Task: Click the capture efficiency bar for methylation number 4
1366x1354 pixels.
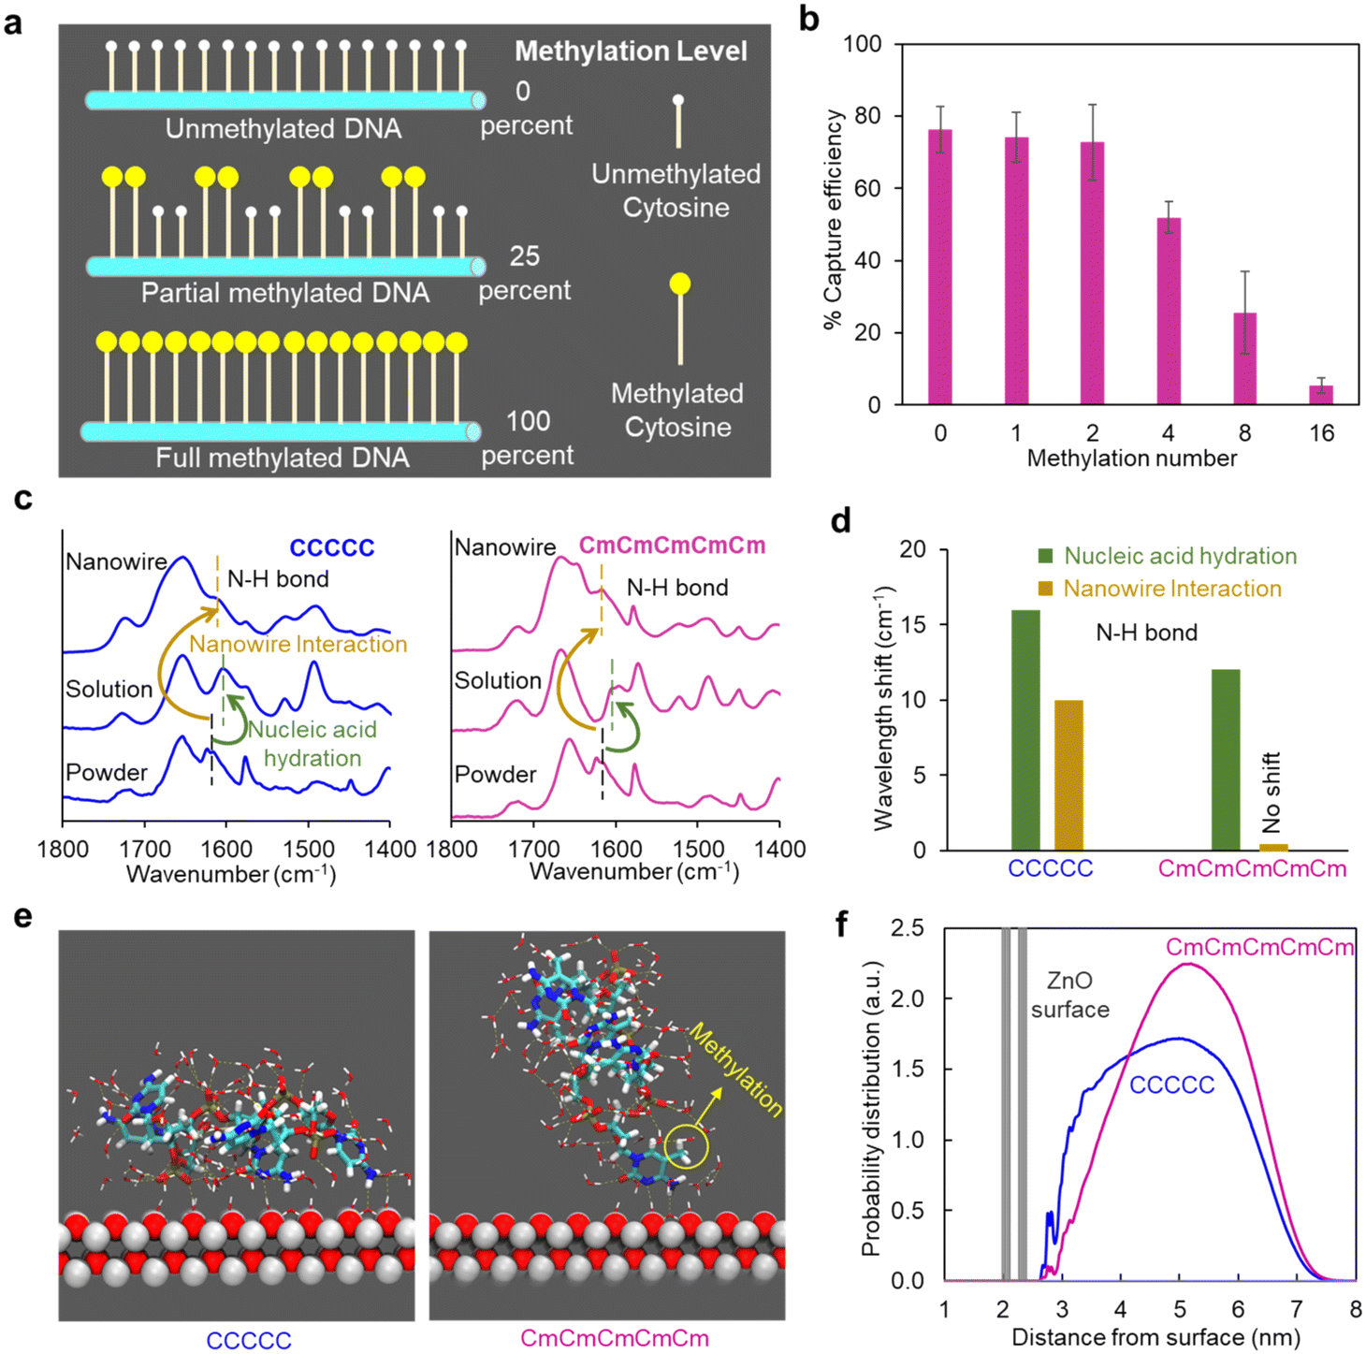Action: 1169,312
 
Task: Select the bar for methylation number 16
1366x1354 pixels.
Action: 1321,395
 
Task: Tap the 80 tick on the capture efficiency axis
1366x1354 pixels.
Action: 867,116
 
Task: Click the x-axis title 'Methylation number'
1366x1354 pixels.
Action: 1131,459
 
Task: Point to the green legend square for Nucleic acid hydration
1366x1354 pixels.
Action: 1046,556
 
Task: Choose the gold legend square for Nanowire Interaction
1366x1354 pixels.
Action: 1046,589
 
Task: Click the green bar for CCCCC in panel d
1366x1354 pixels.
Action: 1025,730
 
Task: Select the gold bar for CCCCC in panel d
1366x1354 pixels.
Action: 1069,775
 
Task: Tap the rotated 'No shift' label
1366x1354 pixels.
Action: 1272,792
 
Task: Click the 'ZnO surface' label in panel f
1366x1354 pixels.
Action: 1069,995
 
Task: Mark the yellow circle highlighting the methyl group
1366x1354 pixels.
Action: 686,1147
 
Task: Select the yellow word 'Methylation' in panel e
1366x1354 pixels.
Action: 735,1069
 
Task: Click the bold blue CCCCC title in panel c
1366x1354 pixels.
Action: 332,547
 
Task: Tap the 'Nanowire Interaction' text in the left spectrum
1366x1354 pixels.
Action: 298,644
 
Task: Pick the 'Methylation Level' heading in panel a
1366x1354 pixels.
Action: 631,51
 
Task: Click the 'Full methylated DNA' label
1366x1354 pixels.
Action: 283,458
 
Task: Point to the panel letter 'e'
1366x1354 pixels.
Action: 22,916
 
